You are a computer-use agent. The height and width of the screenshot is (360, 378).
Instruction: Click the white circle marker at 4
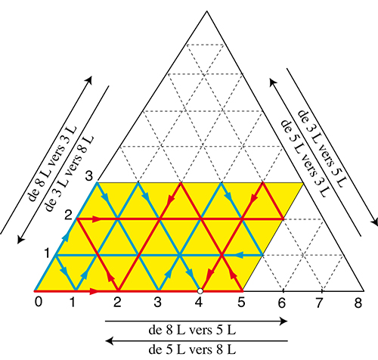[200, 291]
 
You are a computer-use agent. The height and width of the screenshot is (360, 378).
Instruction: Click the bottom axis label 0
[39, 302]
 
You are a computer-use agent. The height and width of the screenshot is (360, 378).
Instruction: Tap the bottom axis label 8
[358, 303]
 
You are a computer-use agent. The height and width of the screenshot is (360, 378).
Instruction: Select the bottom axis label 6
[282, 303]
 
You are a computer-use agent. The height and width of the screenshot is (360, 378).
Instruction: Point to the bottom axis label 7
[318, 303]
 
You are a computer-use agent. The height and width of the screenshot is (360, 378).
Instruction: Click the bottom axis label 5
[241, 302]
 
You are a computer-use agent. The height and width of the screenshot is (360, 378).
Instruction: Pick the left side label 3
[89, 175]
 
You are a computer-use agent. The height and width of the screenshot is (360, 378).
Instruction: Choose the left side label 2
[68, 216]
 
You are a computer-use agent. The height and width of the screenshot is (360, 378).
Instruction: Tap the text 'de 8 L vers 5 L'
[192, 330]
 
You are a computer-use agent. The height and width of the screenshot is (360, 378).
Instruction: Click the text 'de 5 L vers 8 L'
[192, 349]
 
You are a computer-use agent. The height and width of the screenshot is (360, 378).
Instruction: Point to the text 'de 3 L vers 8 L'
[69, 174]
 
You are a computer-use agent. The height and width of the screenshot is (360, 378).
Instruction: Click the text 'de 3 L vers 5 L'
[323, 149]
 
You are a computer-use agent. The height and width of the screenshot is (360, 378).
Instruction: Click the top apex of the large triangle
[207, 11]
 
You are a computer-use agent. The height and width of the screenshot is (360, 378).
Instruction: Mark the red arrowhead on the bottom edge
[94, 291]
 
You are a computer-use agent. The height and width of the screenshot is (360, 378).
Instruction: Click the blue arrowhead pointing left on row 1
[240, 255]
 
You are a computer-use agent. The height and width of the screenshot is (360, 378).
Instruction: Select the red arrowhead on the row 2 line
[97, 219]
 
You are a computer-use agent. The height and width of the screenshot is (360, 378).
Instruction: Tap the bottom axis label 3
[157, 302]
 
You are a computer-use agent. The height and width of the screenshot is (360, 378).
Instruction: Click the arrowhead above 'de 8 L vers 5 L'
[284, 321]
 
